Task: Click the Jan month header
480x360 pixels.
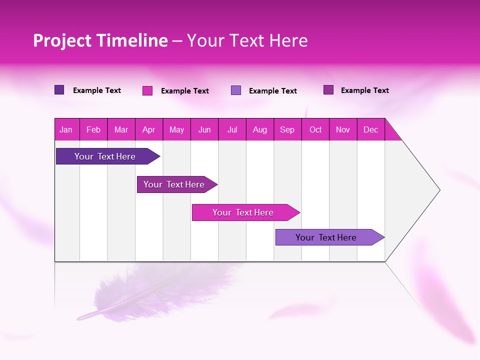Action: (66, 129)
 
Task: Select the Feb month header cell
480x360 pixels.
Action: (93, 129)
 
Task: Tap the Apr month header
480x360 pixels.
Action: (148, 129)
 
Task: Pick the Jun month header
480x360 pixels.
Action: (204, 129)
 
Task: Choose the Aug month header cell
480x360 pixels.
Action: (259, 129)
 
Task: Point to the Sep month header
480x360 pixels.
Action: (287, 129)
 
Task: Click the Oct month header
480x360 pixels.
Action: (315, 129)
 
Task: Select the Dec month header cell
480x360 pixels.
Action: (370, 129)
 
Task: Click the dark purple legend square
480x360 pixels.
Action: (59, 90)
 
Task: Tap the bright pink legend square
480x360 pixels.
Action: (147, 90)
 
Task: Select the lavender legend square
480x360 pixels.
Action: (236, 90)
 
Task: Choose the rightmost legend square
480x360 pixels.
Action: (328, 90)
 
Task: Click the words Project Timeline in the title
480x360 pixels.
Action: (100, 40)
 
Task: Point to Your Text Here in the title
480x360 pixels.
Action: (247, 40)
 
